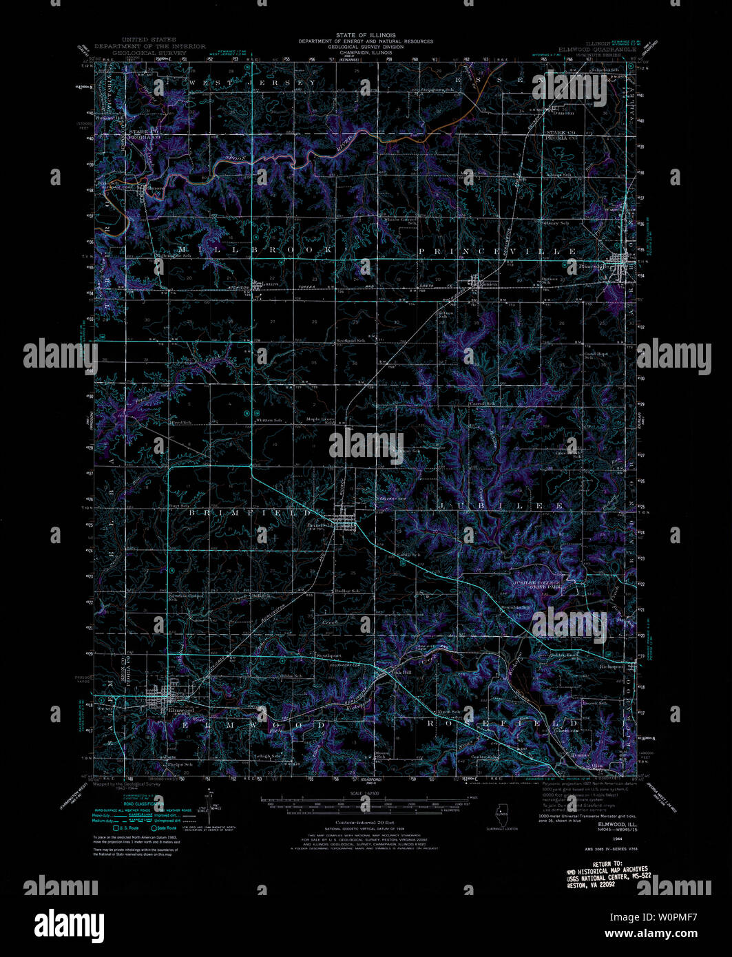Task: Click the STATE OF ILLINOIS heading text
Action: point(366,35)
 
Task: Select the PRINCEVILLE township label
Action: point(497,252)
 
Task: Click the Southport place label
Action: point(328,655)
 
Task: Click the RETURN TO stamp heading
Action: point(607,863)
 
